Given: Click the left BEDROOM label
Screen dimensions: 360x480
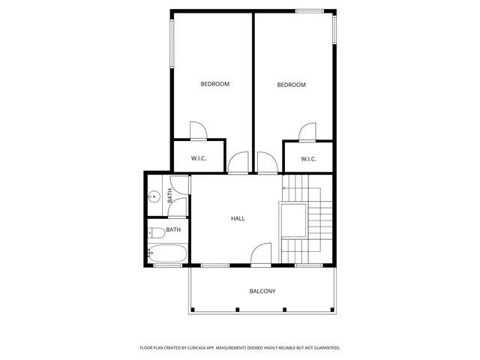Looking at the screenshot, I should click(x=214, y=84).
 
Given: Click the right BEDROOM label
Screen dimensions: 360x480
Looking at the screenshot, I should click(x=292, y=85).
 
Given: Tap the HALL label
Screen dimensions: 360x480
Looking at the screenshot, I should click(x=238, y=218).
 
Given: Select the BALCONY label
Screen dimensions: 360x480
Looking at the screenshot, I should click(x=262, y=291).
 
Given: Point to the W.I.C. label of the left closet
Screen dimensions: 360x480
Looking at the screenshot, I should click(x=199, y=158).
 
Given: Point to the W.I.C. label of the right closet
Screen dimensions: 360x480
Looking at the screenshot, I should click(x=309, y=158).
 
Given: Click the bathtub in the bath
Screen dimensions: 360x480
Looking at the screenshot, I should click(x=166, y=254).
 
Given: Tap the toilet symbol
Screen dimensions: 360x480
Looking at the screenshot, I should click(x=155, y=232).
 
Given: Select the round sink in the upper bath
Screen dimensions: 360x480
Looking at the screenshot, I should click(x=154, y=196).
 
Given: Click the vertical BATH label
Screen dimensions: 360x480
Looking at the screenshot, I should click(x=170, y=196).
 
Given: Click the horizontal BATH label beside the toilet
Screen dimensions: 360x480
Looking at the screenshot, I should click(x=173, y=229).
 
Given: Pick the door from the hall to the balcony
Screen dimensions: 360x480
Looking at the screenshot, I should click(x=261, y=254).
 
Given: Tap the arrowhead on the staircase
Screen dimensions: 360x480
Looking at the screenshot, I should click(x=284, y=187).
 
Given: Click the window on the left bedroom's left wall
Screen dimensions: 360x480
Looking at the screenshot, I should click(x=172, y=45).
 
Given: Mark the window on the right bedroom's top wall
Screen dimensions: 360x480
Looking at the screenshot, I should click(x=309, y=10).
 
